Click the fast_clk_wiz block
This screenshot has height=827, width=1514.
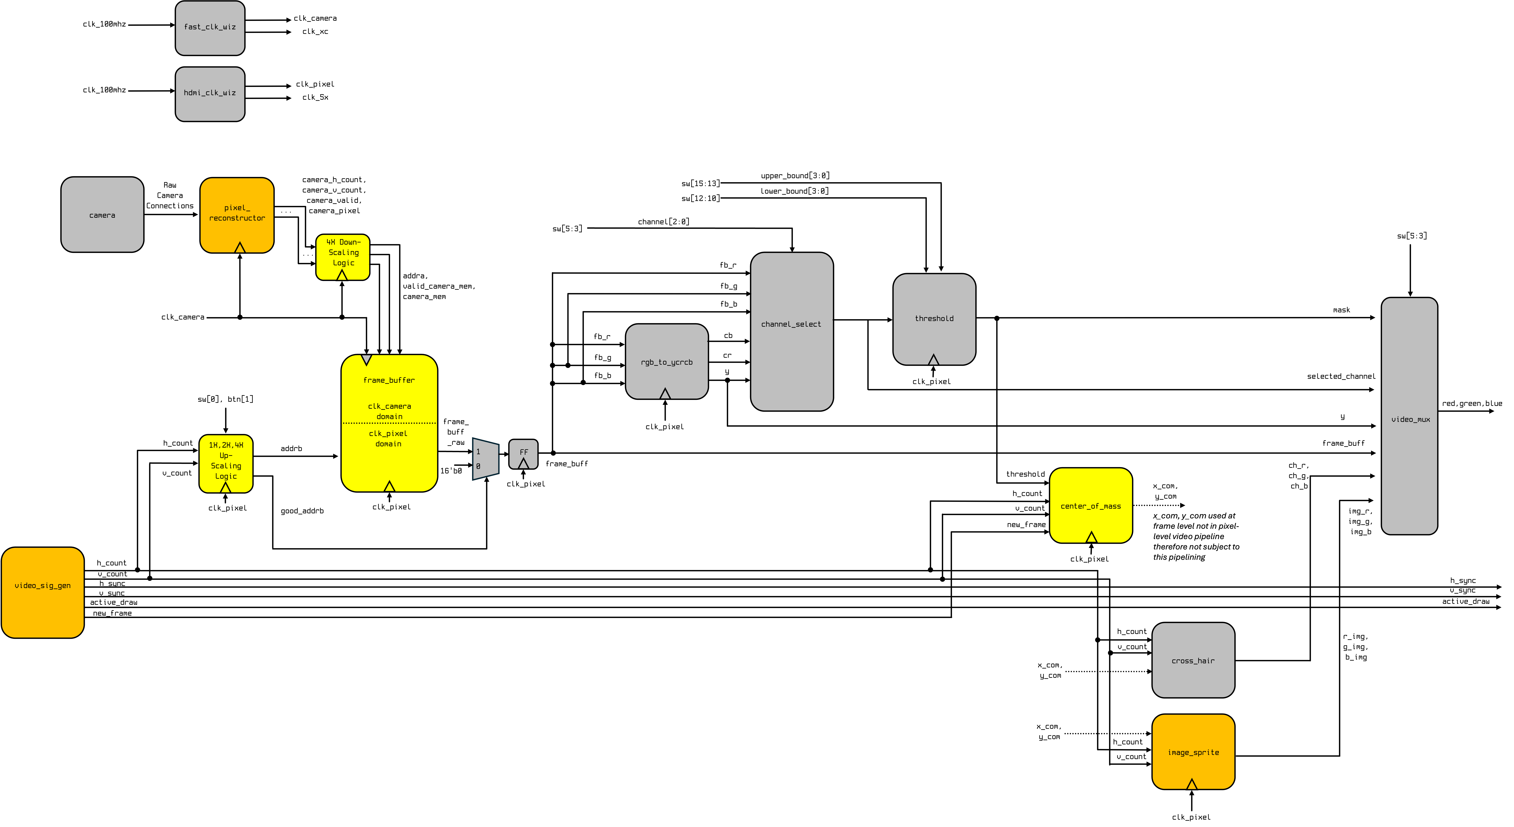(x=210, y=28)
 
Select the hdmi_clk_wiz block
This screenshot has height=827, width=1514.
(x=210, y=94)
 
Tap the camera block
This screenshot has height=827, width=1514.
(x=102, y=215)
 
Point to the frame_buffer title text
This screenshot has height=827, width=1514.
(x=389, y=380)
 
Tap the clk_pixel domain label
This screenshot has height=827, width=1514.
(x=388, y=438)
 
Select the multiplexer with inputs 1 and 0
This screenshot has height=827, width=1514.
(x=486, y=458)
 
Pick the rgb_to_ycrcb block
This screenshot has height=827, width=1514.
(x=667, y=361)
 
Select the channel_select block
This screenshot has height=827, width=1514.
(x=791, y=331)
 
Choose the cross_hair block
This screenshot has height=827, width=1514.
(x=1193, y=660)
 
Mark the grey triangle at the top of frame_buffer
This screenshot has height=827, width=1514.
(x=366, y=359)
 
